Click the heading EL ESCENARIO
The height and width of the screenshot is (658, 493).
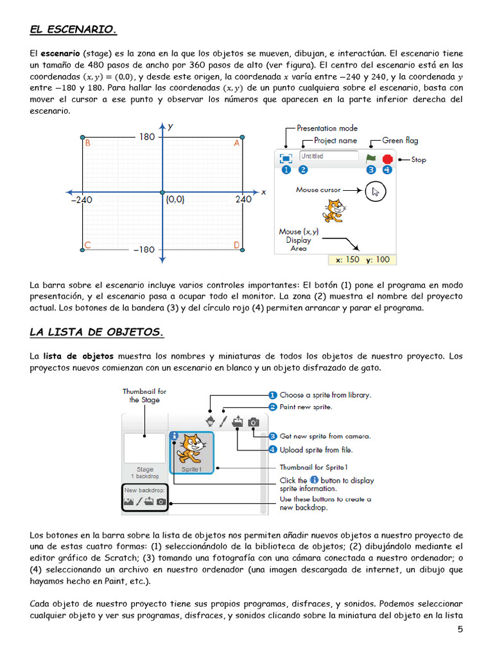pyautogui.click(x=74, y=30)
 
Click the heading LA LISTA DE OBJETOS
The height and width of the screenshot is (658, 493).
pyautogui.click(x=97, y=332)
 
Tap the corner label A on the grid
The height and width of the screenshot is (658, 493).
pyautogui.click(x=236, y=145)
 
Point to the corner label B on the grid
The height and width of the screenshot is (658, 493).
pyautogui.click(x=87, y=145)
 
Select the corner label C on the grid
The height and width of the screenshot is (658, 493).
pyautogui.click(x=87, y=245)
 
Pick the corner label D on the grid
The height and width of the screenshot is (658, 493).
pyautogui.click(x=236, y=245)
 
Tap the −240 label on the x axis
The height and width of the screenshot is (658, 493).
pyautogui.click(x=82, y=200)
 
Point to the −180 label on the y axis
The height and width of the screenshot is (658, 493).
pyautogui.click(x=144, y=249)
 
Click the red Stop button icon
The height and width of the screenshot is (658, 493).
pyautogui.click(x=387, y=159)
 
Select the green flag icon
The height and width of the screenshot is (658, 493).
pyautogui.click(x=370, y=158)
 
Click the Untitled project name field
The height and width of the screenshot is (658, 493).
pyautogui.click(x=328, y=156)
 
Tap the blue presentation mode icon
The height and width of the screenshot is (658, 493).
pyautogui.click(x=286, y=158)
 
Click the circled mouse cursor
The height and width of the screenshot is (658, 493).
pyautogui.click(x=376, y=191)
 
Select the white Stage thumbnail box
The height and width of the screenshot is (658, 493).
pyautogui.click(x=144, y=449)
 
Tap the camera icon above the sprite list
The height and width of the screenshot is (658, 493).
pyautogui.click(x=254, y=422)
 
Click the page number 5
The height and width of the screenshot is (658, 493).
pyautogui.click(x=460, y=630)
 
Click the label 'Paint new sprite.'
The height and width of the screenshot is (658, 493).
pyautogui.click(x=306, y=407)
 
